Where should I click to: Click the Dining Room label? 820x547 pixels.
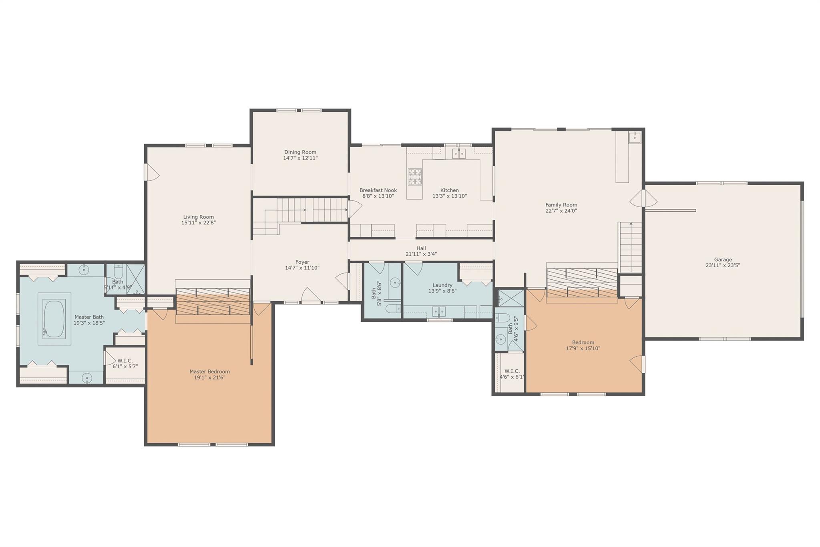click(x=300, y=152)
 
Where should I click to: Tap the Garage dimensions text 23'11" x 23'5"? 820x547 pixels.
click(x=723, y=265)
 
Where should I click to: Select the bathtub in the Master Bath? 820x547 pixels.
click(x=54, y=319)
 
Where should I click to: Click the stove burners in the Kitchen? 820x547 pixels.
click(x=415, y=177)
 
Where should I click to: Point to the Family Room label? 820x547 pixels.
click(x=561, y=205)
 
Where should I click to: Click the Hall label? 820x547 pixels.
click(x=421, y=248)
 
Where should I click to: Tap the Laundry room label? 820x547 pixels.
click(x=442, y=285)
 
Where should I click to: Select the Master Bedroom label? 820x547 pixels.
click(x=209, y=371)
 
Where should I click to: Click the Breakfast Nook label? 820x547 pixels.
click(x=378, y=190)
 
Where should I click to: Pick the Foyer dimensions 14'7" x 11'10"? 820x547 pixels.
click(x=302, y=268)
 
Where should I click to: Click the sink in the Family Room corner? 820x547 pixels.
click(x=634, y=137)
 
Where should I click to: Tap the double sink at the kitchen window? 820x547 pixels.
click(x=459, y=153)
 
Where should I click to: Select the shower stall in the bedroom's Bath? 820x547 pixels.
click(x=509, y=298)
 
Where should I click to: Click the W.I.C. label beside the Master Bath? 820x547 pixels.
click(x=125, y=361)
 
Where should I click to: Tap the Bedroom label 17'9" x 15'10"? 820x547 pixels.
click(x=583, y=343)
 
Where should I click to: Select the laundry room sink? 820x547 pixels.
click(x=438, y=311)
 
